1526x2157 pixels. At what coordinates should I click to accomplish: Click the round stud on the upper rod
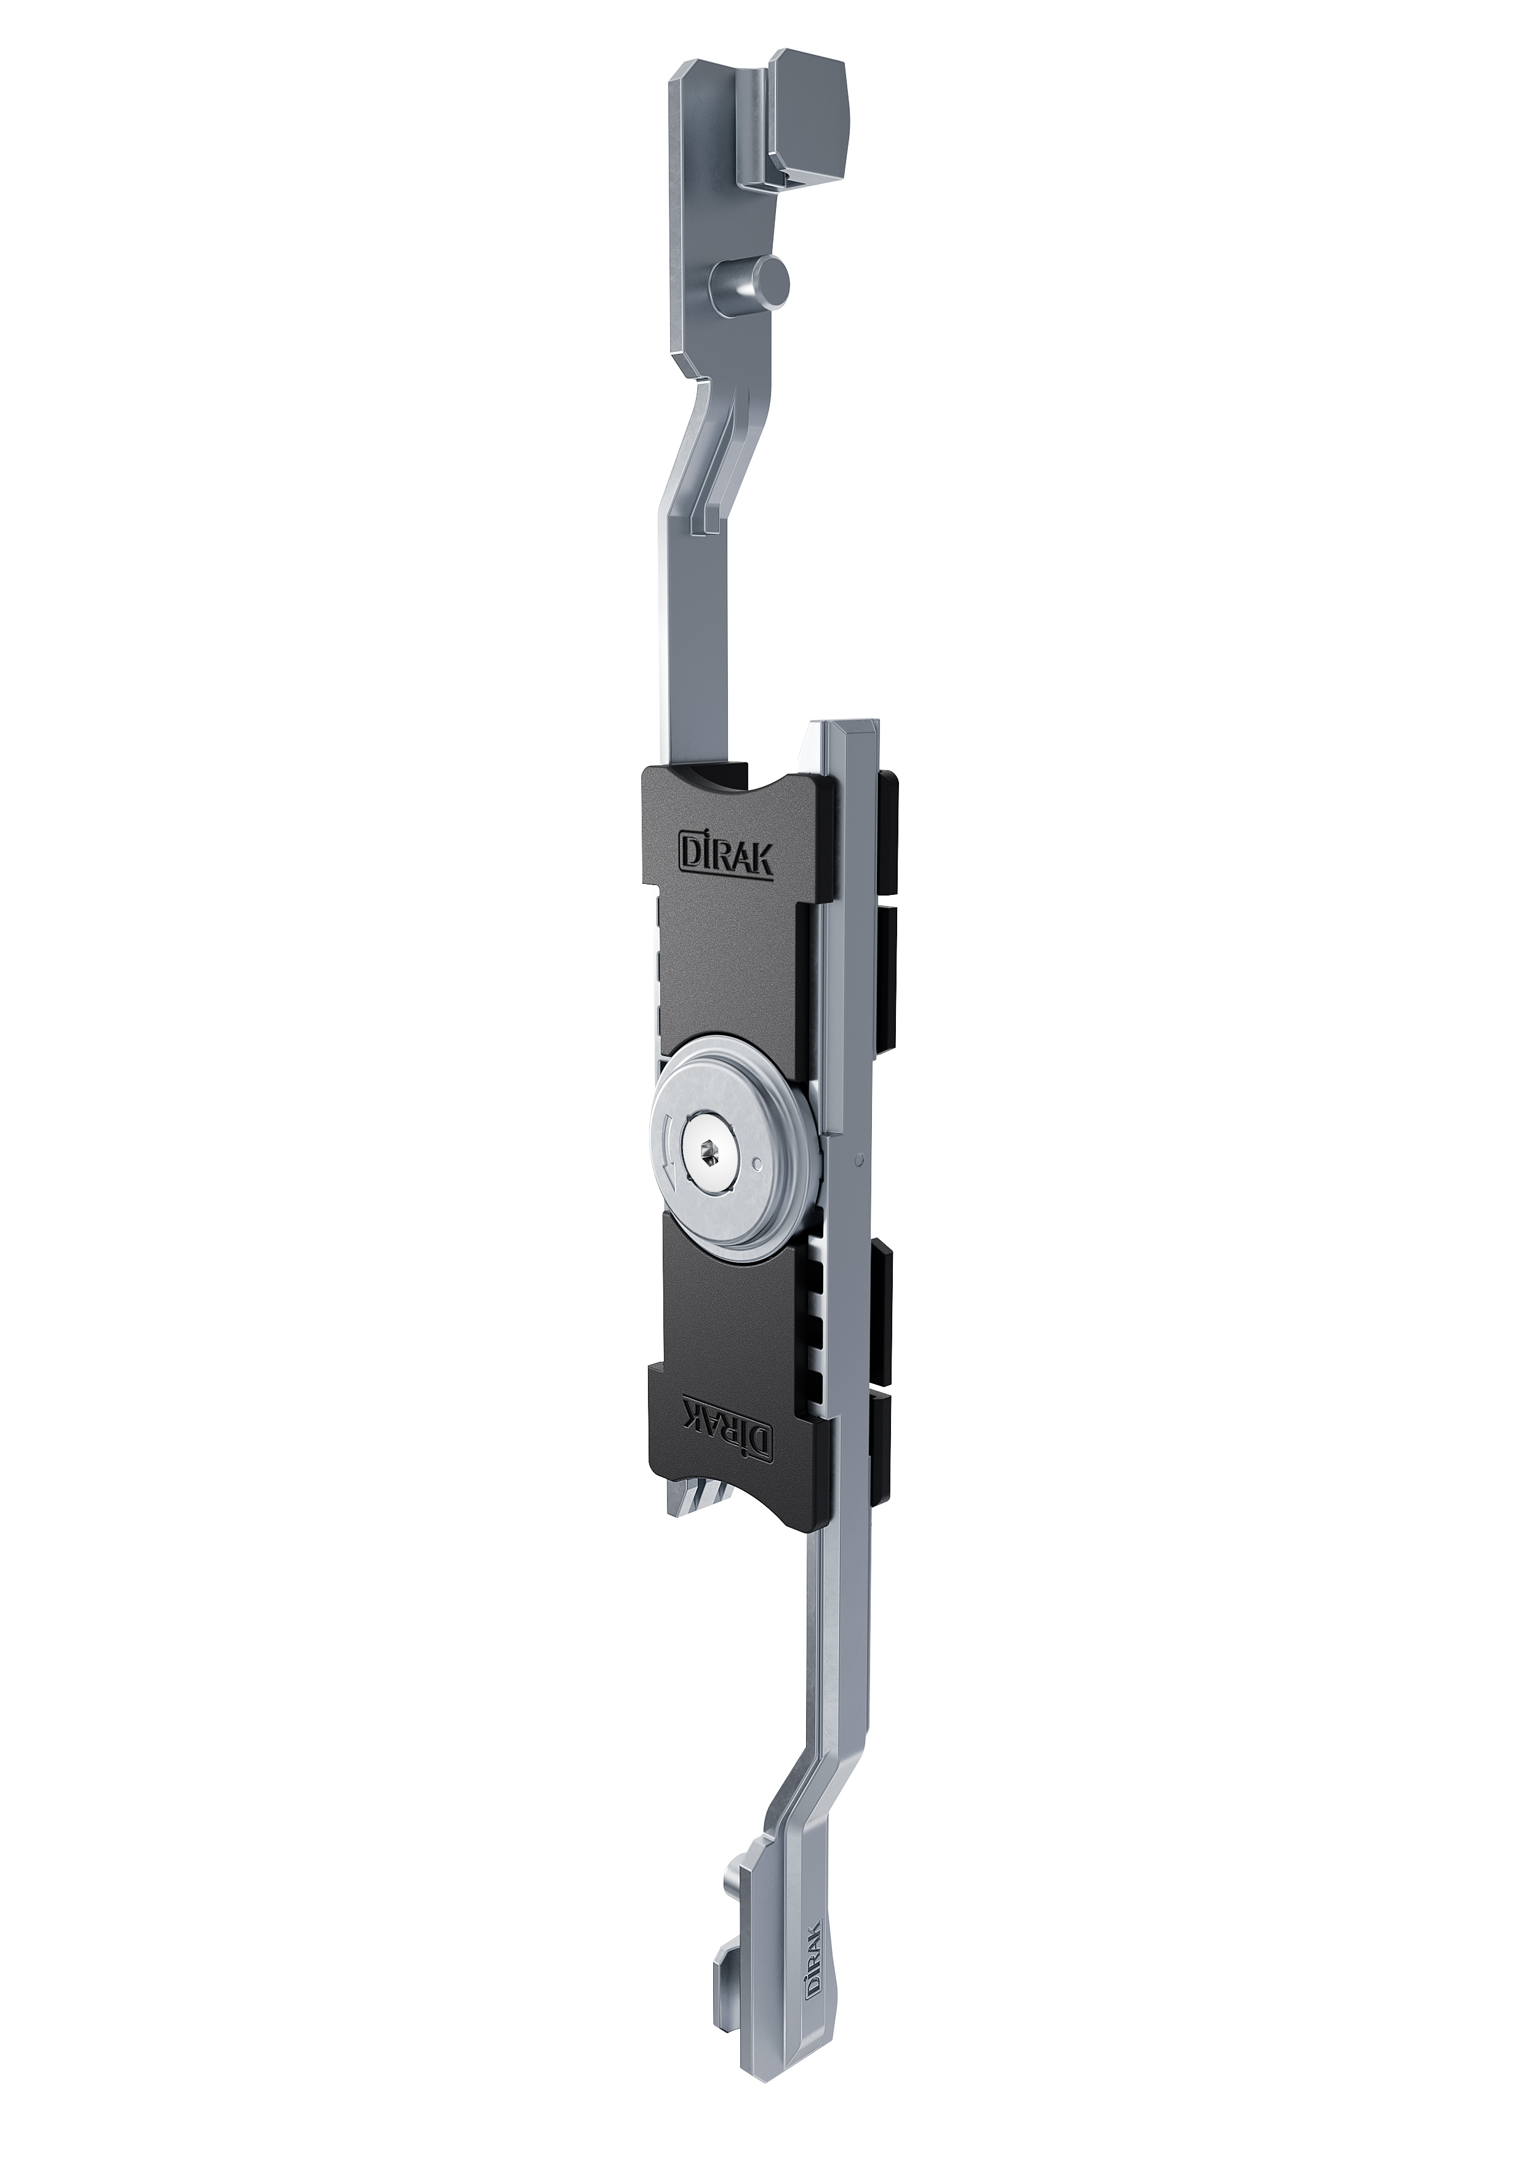pyautogui.click(x=752, y=281)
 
